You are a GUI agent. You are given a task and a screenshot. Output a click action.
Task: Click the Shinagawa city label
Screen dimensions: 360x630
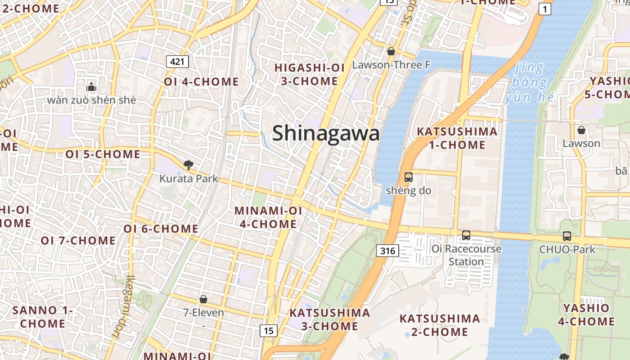click(x=326, y=134)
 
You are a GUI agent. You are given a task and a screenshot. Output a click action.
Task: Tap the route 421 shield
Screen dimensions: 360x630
click(x=177, y=61)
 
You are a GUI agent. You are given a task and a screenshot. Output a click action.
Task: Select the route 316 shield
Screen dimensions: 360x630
click(x=387, y=251)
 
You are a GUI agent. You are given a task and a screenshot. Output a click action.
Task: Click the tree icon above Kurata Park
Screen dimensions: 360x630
click(x=188, y=165)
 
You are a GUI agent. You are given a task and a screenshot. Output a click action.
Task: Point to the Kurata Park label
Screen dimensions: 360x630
click(x=189, y=179)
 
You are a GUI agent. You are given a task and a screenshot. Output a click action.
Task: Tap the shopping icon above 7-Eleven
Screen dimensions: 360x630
click(x=203, y=299)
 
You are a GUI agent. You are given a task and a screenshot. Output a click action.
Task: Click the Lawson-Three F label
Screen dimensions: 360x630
click(x=391, y=65)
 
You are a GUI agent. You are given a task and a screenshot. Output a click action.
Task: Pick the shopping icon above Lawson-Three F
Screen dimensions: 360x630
click(x=391, y=51)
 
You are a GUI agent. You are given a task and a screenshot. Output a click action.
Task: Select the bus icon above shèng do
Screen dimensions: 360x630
click(x=409, y=177)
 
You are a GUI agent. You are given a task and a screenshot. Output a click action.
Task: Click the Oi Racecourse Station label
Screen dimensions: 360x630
click(x=466, y=255)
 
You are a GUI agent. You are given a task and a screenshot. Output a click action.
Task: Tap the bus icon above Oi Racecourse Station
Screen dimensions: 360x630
click(x=466, y=235)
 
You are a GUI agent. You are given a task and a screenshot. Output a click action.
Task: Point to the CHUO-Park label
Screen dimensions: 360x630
click(x=567, y=249)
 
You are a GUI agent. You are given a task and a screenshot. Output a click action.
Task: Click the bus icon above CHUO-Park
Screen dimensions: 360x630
click(x=567, y=236)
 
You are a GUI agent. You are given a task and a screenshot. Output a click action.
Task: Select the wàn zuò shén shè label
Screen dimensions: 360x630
click(x=91, y=100)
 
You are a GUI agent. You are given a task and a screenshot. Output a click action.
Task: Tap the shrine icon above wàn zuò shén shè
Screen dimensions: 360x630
click(x=91, y=87)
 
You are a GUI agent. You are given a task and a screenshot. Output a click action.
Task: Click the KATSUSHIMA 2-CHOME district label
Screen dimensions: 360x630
click(x=434, y=325)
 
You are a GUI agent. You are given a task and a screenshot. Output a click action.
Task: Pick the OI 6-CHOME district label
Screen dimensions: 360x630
click(x=161, y=229)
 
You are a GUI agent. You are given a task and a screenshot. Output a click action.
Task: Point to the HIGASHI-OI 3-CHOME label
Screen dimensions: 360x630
click(x=310, y=74)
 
